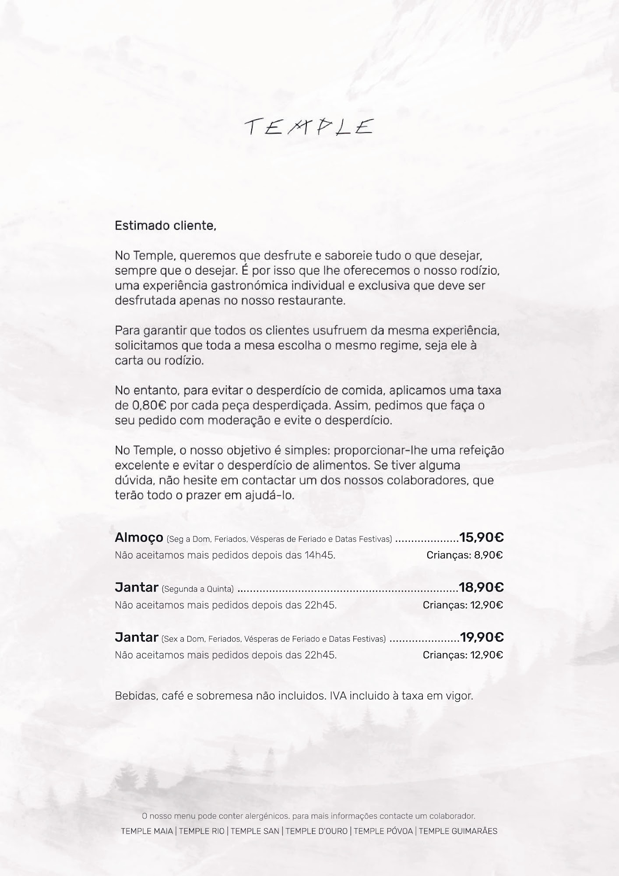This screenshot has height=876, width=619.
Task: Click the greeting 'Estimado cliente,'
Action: coord(165,226)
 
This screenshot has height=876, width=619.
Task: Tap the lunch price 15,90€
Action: coord(482,537)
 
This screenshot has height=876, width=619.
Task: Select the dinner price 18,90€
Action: coord(482,587)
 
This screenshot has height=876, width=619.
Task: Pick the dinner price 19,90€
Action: coord(482,637)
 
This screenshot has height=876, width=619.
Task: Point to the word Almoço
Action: coord(139,537)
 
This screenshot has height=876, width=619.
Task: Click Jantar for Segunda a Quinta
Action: coord(136,587)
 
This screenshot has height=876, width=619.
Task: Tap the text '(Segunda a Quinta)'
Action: coord(197,589)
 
